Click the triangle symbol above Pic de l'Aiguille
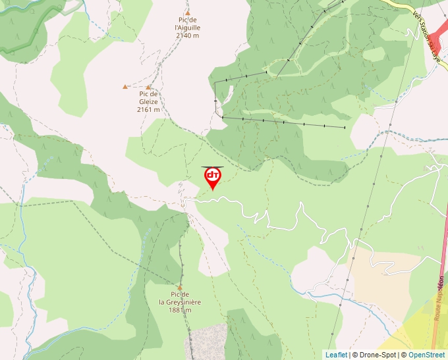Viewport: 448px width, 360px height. (x=187, y=13)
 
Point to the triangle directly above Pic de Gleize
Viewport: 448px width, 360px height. (x=148, y=87)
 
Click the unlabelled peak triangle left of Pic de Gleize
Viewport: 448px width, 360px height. (x=125, y=86)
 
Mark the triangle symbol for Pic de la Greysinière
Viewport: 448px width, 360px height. (x=179, y=287)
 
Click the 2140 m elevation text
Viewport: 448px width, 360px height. (x=187, y=36)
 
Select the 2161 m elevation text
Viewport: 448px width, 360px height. (x=148, y=110)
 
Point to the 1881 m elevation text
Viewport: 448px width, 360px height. (x=180, y=310)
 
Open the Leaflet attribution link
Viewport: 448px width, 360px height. (x=336, y=355)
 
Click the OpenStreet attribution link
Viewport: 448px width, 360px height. (x=426, y=355)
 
